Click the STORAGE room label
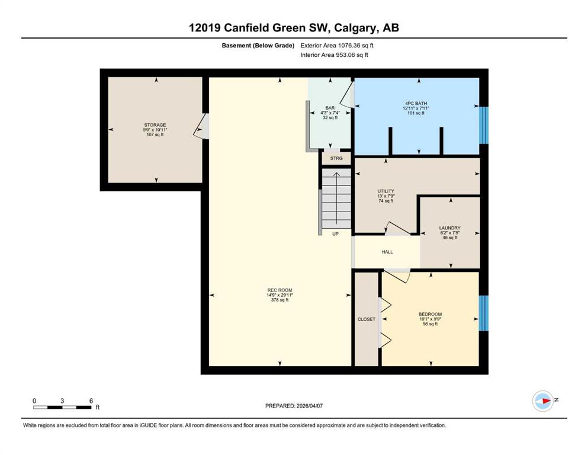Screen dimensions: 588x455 point(155,125)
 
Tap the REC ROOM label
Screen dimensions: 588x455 point(279,290)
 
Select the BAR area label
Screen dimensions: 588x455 point(330,108)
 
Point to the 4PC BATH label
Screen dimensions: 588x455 point(416,103)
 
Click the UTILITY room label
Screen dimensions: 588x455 point(386,191)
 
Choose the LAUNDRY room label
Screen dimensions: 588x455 point(449,227)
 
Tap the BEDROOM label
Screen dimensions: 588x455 point(430,314)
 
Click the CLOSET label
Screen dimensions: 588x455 point(367,319)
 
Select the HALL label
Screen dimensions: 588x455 point(387,252)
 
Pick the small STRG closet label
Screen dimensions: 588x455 point(336,158)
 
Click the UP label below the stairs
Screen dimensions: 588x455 point(335,233)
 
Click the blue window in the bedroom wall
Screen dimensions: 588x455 point(484,313)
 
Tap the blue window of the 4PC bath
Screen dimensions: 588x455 point(484,125)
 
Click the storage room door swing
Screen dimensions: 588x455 point(201,126)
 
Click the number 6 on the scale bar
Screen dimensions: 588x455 point(91,400)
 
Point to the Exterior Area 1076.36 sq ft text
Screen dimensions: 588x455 point(337,46)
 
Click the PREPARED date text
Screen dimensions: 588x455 point(294,406)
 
